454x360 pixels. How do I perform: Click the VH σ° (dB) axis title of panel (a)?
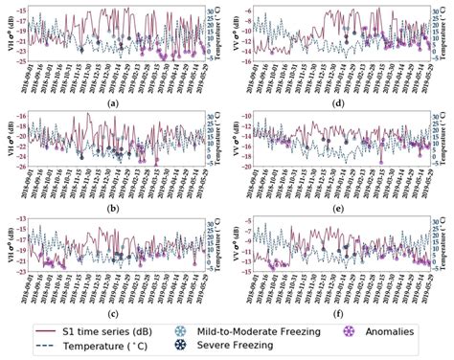click(x=8, y=34)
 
